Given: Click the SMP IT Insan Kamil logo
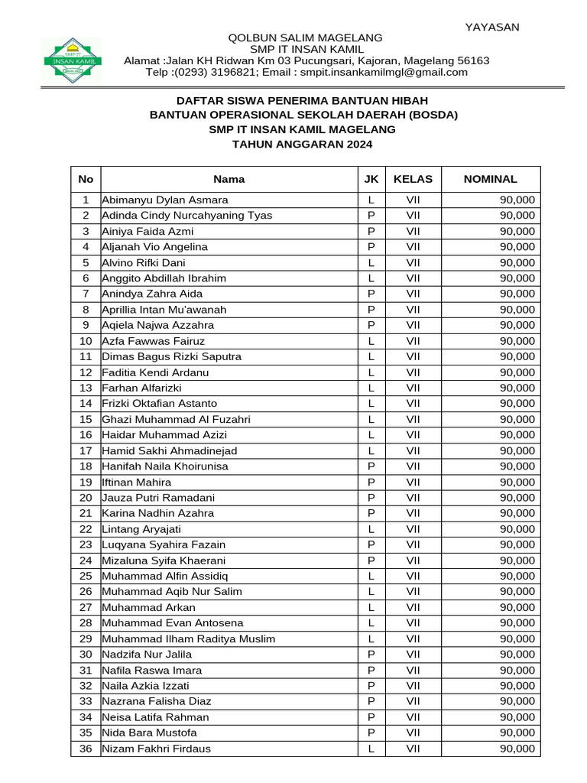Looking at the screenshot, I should pyautogui.click(x=71, y=60).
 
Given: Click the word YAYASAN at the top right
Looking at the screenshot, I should pyautogui.click(x=492, y=27).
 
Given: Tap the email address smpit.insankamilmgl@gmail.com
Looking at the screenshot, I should pyautogui.click(x=372, y=72).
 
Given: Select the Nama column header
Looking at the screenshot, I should pyautogui.click(x=229, y=179).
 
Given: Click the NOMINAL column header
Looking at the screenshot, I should pyautogui.click(x=490, y=179).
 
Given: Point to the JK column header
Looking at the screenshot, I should pyautogui.click(x=371, y=179).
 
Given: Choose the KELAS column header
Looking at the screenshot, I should pyautogui.click(x=413, y=179).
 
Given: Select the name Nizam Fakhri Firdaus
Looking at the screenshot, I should pyautogui.click(x=156, y=749).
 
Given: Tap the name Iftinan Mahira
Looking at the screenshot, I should pyautogui.click(x=137, y=482).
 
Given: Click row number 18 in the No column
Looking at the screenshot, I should pyautogui.click(x=86, y=466).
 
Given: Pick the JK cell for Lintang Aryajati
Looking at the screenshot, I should pyautogui.click(x=371, y=529).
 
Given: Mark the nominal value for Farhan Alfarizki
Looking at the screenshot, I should pyautogui.click(x=517, y=388).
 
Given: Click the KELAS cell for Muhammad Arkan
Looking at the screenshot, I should pyautogui.click(x=413, y=607).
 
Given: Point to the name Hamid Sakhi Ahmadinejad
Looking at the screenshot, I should pyautogui.click(x=169, y=450).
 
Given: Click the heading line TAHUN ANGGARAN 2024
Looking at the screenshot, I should pyautogui.click(x=303, y=144).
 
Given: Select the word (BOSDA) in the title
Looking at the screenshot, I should pyautogui.click(x=430, y=115).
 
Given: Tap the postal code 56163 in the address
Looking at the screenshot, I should pyautogui.click(x=474, y=60).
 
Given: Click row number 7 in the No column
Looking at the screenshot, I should pyautogui.click(x=86, y=294).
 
